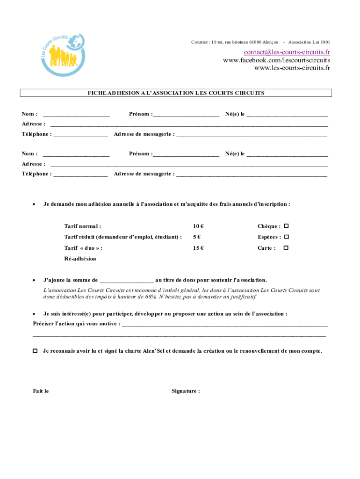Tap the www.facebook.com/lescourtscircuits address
[276, 60]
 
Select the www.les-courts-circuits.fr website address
[292, 68]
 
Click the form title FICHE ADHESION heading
[176, 93]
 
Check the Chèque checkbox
[286, 226]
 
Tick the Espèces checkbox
[286, 237]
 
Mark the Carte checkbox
[286, 248]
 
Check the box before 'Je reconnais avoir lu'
[35, 351]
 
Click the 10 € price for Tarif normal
[198, 226]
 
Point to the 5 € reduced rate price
[197, 237]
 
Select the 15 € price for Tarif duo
[198, 248]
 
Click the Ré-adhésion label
[80, 259]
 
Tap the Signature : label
[186, 391]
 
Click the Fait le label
[41, 391]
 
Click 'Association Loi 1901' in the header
[309, 42]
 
